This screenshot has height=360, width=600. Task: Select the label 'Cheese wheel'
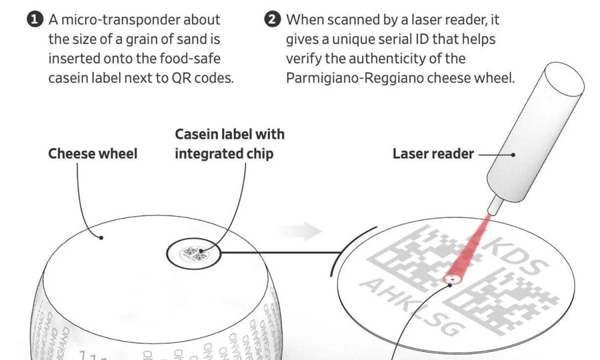pos(92,154)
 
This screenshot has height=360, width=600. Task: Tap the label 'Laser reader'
pos(433,154)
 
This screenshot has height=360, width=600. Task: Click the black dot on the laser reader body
pos(513,154)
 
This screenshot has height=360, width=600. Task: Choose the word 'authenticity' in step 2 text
pos(424,59)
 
